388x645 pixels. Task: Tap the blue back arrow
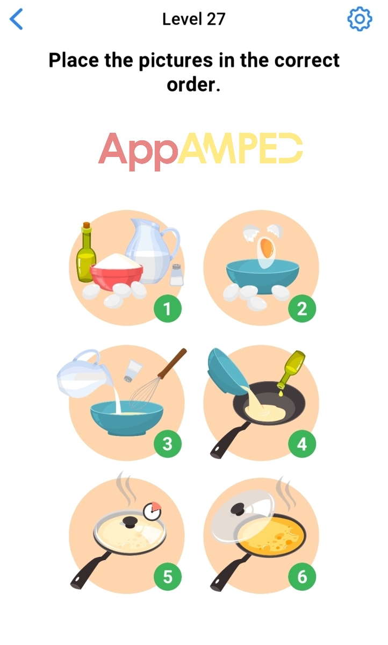point(16,19)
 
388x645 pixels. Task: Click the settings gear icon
point(360,19)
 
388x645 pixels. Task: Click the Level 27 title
point(193,19)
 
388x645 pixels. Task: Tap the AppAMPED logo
point(200,152)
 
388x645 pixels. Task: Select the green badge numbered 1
point(168,309)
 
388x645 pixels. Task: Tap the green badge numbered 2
point(302,309)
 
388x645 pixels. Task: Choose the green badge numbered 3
point(168,444)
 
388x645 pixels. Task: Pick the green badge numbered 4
point(302,444)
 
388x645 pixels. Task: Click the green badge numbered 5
point(168,577)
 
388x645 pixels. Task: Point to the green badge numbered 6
point(302,577)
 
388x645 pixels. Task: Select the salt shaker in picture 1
point(176,275)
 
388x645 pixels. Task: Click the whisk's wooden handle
point(172,364)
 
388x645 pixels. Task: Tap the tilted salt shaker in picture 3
point(133,371)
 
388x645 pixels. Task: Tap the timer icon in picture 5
point(152,511)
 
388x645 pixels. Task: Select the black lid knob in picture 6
point(238,509)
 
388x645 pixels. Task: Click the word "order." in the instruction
point(193,85)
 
